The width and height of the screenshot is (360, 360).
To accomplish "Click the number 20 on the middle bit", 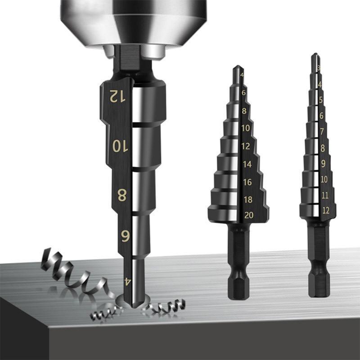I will click(x=248, y=215).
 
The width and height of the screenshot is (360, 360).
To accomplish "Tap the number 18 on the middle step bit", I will click(x=248, y=199).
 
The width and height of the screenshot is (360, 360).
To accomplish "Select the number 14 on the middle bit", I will click(x=247, y=164).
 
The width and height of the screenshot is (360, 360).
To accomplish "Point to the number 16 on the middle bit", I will click(x=247, y=182).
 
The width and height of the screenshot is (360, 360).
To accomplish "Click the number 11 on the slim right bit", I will click(x=325, y=195).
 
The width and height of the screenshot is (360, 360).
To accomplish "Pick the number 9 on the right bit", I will click(x=323, y=164).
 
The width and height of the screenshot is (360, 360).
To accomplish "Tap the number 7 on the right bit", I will click(x=322, y=131).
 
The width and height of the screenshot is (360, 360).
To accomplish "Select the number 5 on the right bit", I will click(x=320, y=100).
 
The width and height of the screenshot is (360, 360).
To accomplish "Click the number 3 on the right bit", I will click(x=319, y=68).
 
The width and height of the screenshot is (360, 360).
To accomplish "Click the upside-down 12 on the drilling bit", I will click(x=116, y=95).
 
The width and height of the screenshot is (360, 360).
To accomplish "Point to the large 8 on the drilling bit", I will click(x=121, y=195).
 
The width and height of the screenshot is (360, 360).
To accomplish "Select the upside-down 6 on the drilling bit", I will click(x=125, y=236).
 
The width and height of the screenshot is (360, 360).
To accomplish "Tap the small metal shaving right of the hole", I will click(x=166, y=306).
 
